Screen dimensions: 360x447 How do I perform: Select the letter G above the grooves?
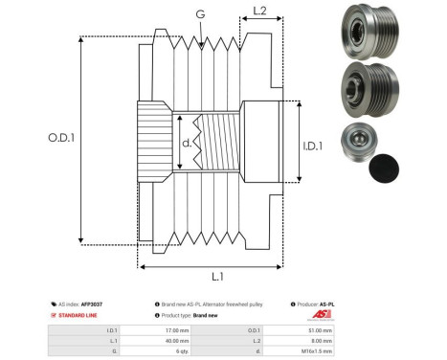(x=199, y=13)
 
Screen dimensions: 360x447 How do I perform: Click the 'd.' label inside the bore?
(x=187, y=146)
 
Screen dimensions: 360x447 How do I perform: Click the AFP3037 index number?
(x=91, y=303)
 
